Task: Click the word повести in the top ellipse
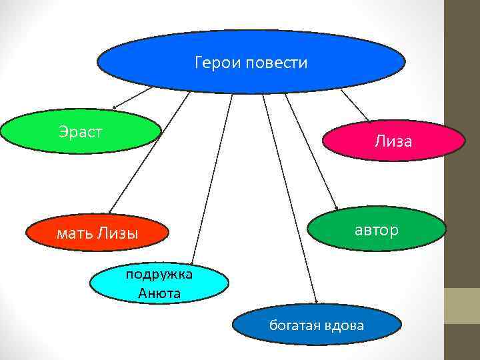[x=277, y=63]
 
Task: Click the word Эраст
[x=80, y=131]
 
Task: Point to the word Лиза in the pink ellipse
[x=393, y=141]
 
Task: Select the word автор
[x=376, y=231]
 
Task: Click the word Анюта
[x=160, y=293]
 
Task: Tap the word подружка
[x=160, y=274]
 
